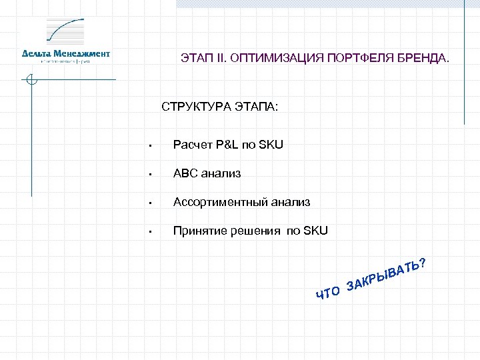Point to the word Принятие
pos(196,231)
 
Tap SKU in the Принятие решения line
pos(315,231)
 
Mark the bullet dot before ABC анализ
pos(152,175)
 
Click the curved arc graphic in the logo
pos(67,30)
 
